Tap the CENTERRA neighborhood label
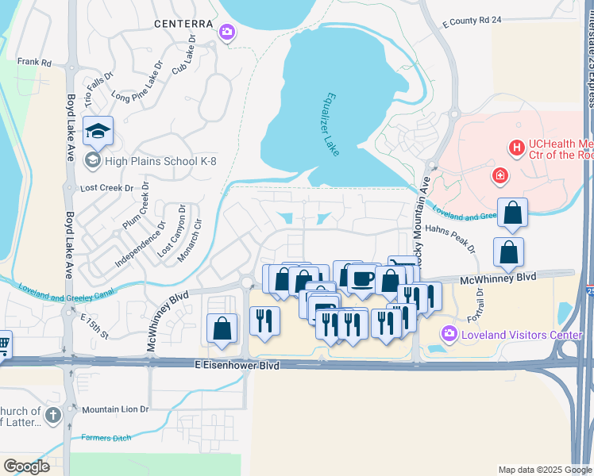pos(184,24)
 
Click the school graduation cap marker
pos(98,131)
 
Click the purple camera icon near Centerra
pos(226,32)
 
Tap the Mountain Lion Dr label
pos(115,409)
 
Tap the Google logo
pos(26,466)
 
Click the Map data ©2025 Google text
pos(544,470)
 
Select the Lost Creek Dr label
pos(108,188)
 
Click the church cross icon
pos(53,415)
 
